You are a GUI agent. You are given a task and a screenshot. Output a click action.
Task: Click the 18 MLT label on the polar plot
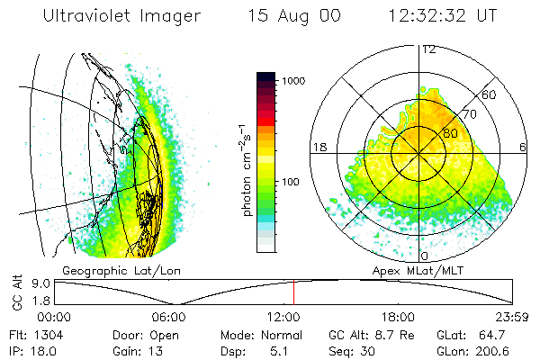pos(318,147)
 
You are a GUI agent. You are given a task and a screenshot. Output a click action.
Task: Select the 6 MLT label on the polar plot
pos(524,147)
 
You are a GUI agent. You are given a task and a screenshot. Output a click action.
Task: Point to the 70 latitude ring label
pos(470,114)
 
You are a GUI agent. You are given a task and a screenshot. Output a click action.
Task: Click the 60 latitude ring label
pos(490,94)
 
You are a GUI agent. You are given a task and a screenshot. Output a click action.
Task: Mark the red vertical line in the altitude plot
pos(293,292)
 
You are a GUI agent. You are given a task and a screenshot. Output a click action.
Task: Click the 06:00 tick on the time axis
pos(169,317)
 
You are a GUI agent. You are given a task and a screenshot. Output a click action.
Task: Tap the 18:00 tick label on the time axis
pos(398,317)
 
